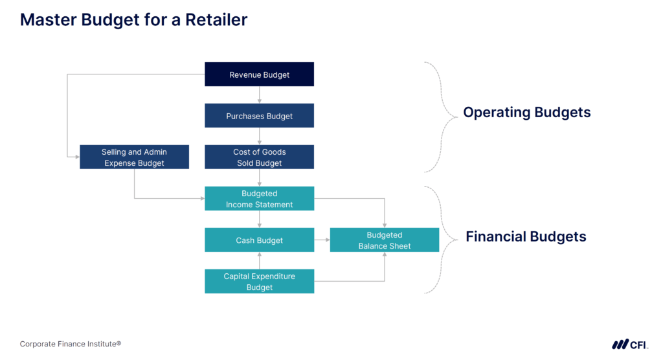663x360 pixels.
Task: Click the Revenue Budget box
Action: coord(259,74)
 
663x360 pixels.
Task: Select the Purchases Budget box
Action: coord(259,116)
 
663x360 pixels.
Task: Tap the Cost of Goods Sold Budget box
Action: coord(259,157)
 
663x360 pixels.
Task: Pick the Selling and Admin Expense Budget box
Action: coord(134,157)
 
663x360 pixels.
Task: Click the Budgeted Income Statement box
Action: coord(259,199)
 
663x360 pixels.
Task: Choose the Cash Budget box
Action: coord(259,240)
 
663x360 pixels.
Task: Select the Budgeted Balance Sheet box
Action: coord(385,240)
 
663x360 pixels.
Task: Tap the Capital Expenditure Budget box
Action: coord(259,282)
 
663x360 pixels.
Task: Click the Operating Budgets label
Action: coord(526,113)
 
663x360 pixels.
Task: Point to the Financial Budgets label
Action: coord(526,237)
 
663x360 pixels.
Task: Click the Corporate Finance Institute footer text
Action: coord(71,344)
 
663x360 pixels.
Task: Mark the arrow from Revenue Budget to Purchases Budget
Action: coord(259,95)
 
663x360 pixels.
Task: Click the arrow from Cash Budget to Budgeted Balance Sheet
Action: coord(322,240)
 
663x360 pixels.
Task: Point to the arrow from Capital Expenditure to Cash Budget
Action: coord(259,261)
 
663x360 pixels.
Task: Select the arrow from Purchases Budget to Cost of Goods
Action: coord(259,137)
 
